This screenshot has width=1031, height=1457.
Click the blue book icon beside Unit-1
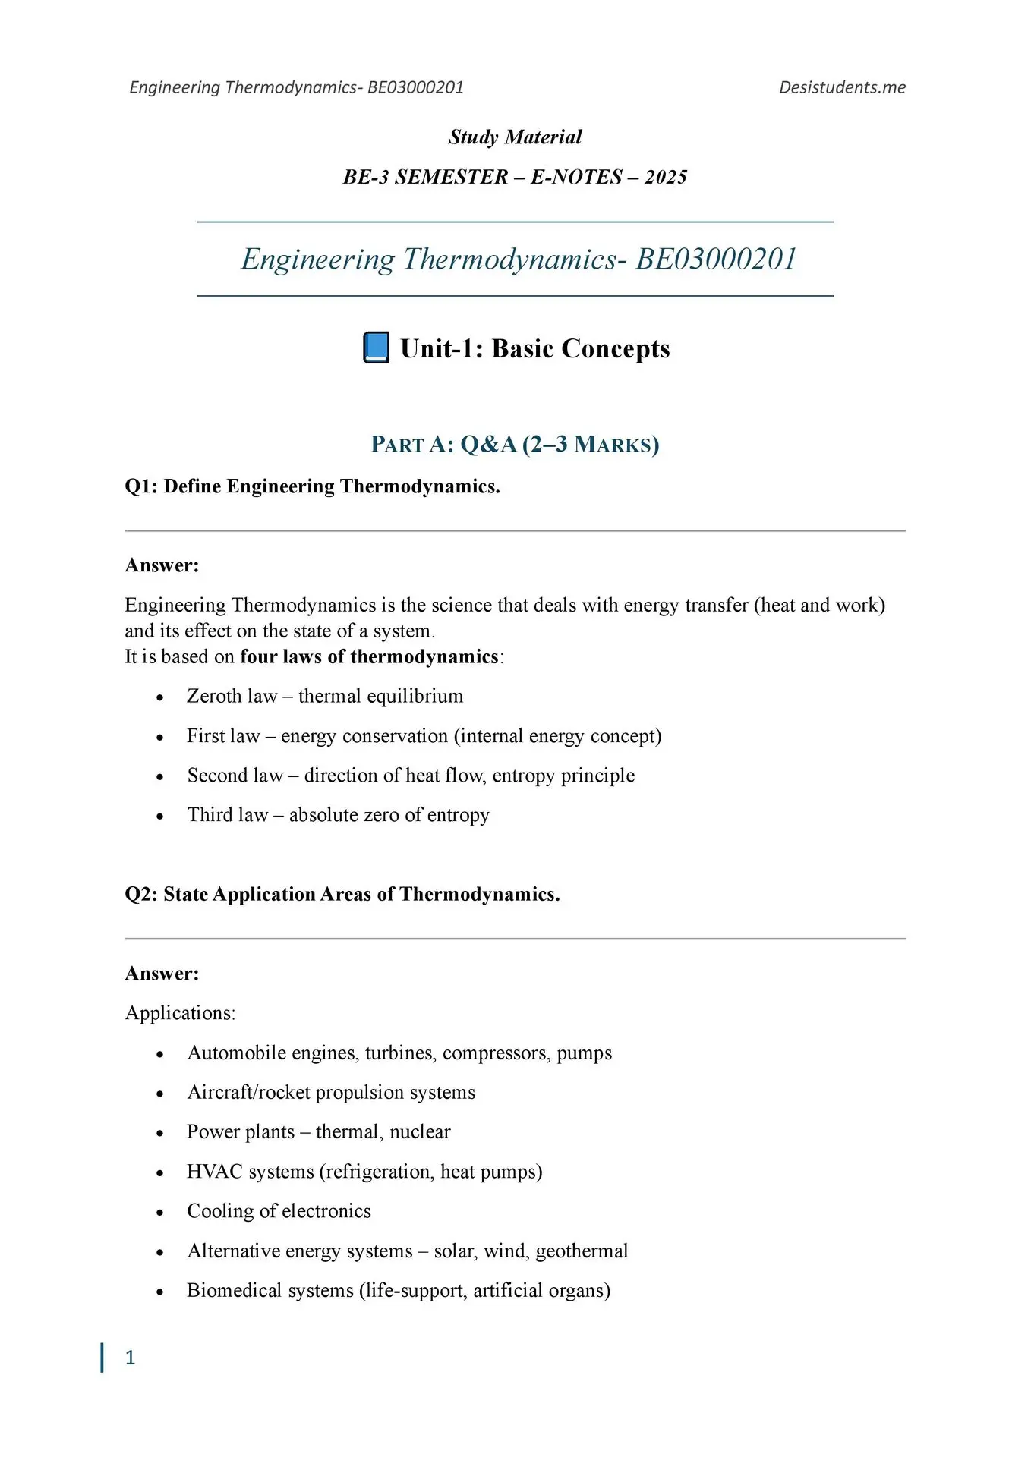377,348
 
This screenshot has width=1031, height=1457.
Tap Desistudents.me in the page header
842,87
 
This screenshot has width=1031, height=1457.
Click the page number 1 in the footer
130,1358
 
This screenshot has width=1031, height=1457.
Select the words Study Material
515,137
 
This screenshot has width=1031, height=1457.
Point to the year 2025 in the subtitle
666,177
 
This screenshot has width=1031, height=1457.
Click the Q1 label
141,486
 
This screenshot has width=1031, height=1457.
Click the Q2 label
141,895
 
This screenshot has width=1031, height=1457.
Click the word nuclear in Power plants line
420,1132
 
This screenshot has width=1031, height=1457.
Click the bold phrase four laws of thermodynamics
369,657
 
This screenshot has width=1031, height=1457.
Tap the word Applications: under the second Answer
180,1014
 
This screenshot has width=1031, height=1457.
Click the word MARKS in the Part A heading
615,445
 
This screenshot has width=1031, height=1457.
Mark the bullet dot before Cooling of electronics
159,1213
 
